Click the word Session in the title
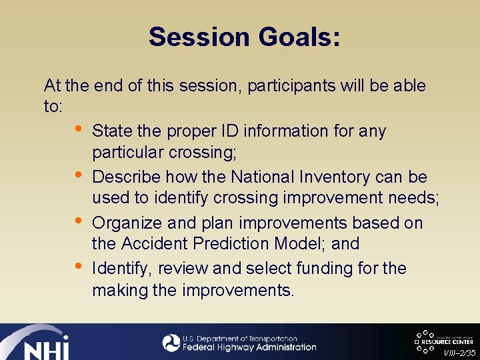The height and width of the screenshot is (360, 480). click(197, 37)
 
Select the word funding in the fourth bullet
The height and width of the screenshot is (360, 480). click(347, 269)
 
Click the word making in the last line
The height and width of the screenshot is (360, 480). click(115, 290)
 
